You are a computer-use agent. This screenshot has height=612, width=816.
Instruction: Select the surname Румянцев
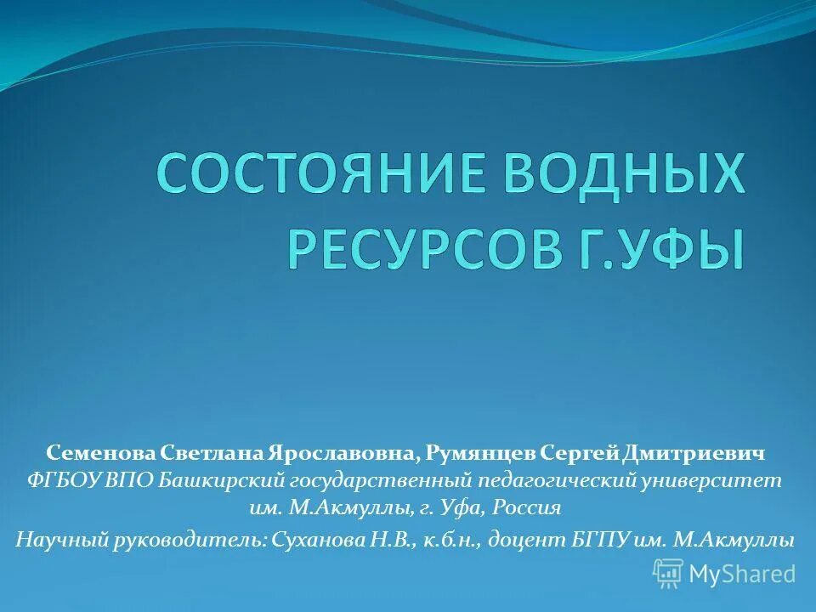coord(480,454)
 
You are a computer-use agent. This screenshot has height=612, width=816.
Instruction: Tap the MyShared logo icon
coord(668,573)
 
